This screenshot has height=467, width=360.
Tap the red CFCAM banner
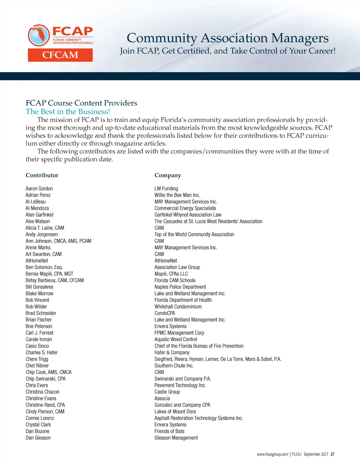pyautogui.click(x=60, y=55)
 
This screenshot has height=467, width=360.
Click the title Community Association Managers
pyautogui.click(x=227, y=38)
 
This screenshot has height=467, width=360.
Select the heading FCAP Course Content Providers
pyautogui.click(x=81, y=103)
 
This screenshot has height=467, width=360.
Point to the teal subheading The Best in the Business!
pyautogui.click(x=68, y=112)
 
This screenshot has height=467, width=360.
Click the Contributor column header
pyautogui.click(x=42, y=175)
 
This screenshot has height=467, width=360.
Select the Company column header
pyautogui.click(x=168, y=175)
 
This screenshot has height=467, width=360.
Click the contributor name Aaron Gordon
pyautogui.click(x=39, y=189)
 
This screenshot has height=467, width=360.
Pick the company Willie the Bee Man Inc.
pyautogui.click(x=177, y=195)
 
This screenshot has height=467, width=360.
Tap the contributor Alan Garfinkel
pyautogui.click(x=39, y=215)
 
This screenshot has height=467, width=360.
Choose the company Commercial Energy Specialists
pyautogui.click(x=185, y=208)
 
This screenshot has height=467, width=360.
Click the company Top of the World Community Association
pyautogui.click(x=194, y=234)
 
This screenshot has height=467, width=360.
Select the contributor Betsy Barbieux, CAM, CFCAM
pyautogui.click(x=55, y=280)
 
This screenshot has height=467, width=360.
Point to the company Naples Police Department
pyautogui.click(x=180, y=287)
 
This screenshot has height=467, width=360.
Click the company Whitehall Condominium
pyautogui.click(x=178, y=307)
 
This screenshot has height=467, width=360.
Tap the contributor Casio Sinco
pyautogui.click(x=37, y=346)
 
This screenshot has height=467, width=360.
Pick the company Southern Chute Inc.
pyautogui.click(x=174, y=366)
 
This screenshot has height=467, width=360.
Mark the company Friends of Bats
pyautogui.click(x=169, y=431)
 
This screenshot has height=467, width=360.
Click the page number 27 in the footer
pyautogui.click(x=332, y=454)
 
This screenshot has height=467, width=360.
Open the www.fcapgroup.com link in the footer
pyautogui.click(x=272, y=454)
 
